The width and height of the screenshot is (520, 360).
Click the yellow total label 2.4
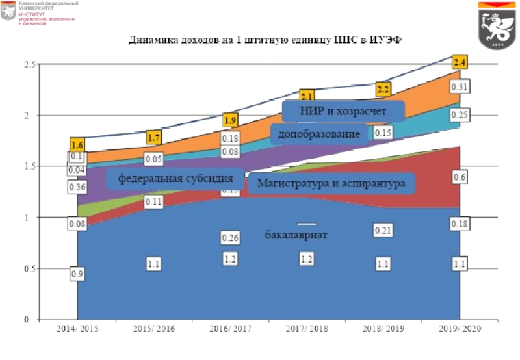(460, 62)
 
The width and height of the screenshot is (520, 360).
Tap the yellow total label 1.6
(77, 145)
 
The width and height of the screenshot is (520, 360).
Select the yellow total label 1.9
(230, 120)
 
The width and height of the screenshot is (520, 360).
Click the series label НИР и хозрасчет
(343, 111)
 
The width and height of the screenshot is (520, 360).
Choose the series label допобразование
(319, 134)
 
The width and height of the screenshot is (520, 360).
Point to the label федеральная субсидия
(175, 177)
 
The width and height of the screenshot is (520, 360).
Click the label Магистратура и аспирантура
(331, 183)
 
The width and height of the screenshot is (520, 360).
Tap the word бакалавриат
(296, 234)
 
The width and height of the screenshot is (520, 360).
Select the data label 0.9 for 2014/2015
(77, 274)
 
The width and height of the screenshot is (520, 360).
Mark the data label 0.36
(77, 187)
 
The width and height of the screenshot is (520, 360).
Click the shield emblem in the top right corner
(495, 25)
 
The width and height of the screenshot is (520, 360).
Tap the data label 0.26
(230, 238)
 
